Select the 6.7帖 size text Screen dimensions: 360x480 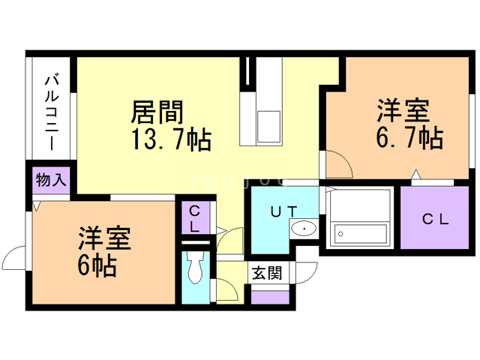408,138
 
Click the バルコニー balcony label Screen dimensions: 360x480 52,109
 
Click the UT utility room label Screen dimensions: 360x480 283,211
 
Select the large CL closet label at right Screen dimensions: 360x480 434,220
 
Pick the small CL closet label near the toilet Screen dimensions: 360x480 194,217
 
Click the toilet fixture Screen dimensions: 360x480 196,266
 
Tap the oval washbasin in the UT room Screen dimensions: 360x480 304,229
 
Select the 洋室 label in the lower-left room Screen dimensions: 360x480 104,239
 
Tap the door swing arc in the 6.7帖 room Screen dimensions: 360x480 334,163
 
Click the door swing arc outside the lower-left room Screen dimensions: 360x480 13,259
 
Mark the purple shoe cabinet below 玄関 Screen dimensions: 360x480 270,296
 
